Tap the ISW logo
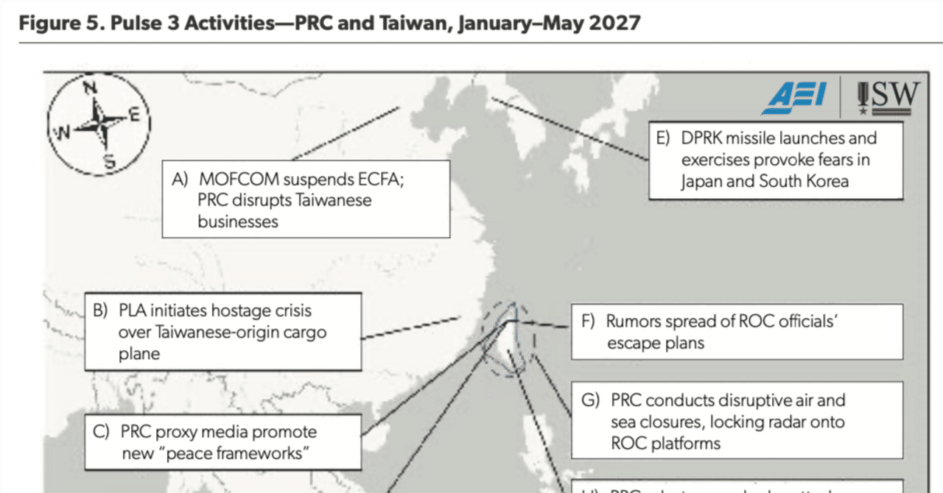(x=888, y=98)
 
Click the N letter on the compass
(x=90, y=88)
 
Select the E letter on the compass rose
(x=134, y=114)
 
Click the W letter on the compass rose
(x=63, y=134)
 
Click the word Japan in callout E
(x=702, y=181)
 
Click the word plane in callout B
(x=139, y=354)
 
